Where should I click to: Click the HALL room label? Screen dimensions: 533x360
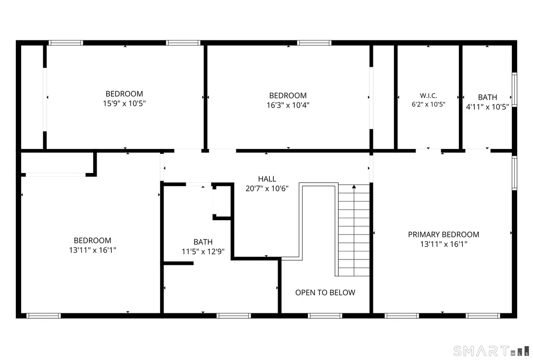(267, 179)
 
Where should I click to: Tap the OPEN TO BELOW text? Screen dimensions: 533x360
(325, 292)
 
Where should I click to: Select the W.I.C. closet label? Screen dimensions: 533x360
(428, 96)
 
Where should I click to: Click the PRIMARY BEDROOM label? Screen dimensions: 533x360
(444, 235)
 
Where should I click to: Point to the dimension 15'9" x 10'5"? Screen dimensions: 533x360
(125, 103)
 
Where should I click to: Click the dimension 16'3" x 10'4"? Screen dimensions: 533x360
(288, 105)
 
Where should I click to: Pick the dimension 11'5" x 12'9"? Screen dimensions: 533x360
(203, 252)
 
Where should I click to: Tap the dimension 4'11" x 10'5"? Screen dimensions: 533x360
(487, 107)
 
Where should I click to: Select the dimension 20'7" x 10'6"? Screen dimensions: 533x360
(267, 188)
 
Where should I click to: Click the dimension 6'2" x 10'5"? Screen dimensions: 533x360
(428, 104)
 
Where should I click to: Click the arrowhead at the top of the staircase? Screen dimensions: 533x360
(354, 186)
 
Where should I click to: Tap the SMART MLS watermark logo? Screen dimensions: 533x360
(491, 351)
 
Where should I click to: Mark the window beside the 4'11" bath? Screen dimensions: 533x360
(515, 90)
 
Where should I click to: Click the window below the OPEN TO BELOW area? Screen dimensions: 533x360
(325, 316)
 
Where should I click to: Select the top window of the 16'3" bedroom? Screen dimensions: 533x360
(314, 43)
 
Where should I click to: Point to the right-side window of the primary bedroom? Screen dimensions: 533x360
(515, 173)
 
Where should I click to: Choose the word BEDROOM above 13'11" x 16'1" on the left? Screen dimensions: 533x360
(92, 240)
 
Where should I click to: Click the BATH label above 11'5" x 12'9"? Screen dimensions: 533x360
(203, 242)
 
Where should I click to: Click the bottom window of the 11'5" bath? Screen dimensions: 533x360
(234, 316)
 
